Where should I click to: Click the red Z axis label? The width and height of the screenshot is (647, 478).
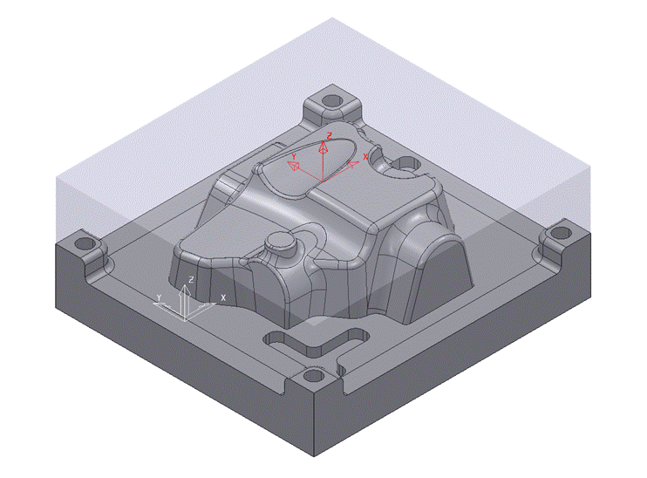(330, 135)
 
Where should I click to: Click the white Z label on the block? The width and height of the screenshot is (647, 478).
(190, 278)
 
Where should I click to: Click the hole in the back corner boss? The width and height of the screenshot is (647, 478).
(331, 99)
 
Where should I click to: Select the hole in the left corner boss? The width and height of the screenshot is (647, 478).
(85, 242)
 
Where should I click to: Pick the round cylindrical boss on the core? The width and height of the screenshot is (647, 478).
(283, 241)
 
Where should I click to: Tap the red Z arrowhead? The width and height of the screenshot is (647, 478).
(323, 148)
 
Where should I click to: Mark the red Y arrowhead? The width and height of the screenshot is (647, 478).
(295, 166)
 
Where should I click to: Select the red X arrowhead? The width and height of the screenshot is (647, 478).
(353, 163)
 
